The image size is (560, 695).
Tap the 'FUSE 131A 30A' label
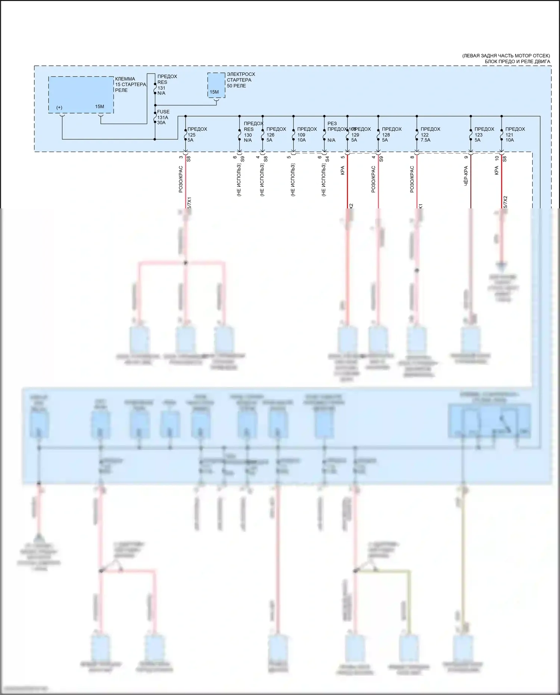[163, 117]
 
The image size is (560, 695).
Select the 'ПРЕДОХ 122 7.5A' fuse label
[430, 134]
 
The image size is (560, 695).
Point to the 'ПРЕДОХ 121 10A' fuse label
[514, 134]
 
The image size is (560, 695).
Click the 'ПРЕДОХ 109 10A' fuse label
[307, 134]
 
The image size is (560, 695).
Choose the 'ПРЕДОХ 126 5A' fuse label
[276, 134]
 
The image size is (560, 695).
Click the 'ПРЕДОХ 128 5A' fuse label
[391, 134]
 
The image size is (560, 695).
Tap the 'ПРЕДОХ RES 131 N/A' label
[167, 85]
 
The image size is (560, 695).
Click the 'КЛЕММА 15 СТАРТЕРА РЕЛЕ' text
[130, 84]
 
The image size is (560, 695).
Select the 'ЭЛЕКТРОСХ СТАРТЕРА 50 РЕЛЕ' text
[241, 80]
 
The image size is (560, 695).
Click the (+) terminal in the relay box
[59, 108]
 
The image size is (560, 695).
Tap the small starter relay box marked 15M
[216, 86]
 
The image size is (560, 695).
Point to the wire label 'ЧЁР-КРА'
[466, 176]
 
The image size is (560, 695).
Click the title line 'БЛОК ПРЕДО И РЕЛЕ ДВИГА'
[517, 62]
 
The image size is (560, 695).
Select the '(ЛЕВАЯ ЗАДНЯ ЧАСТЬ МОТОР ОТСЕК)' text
[506, 56]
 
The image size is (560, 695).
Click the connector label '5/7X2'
[505, 202]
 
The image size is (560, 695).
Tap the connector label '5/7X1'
[189, 203]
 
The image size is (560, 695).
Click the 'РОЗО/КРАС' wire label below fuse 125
[181, 179]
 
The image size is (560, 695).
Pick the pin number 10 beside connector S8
[497, 158]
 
